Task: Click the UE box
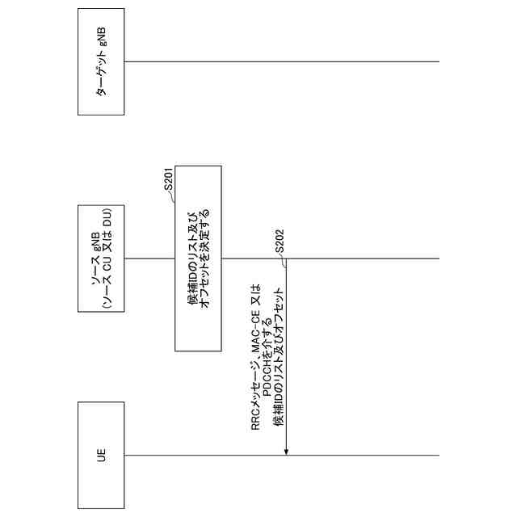101,454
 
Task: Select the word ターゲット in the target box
101,78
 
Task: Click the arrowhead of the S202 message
287,451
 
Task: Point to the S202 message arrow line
287,355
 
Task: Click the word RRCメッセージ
256,396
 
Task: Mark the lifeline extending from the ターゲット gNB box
283,61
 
